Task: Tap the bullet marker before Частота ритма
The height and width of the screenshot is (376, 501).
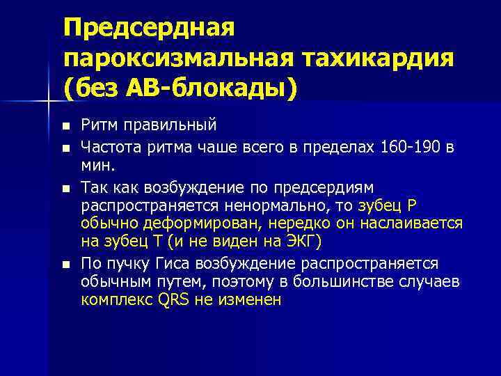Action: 66,148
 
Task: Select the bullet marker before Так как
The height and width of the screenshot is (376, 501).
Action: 66,188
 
